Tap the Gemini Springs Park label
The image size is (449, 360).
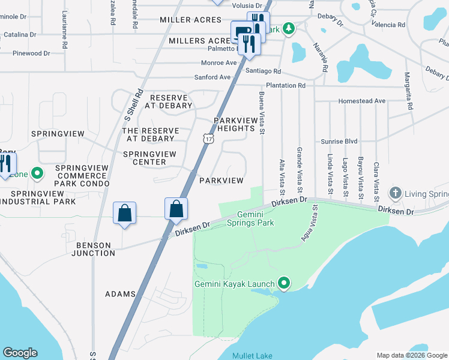point(250,218)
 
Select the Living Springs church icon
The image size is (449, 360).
point(395,193)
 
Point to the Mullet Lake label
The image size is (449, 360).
point(252,356)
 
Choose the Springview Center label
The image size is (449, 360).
point(149,158)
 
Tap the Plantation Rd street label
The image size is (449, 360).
point(286,86)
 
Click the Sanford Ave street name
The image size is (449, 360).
point(212,77)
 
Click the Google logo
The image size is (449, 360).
point(20,353)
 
